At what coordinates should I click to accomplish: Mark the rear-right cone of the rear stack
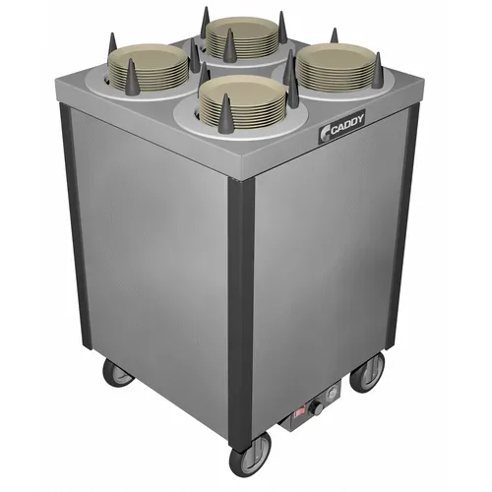click(x=281, y=25)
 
